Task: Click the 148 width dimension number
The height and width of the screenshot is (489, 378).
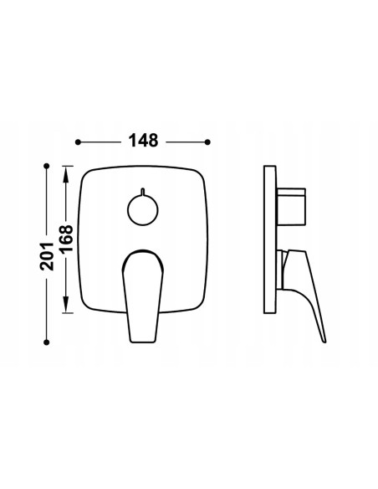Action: tap(144, 141)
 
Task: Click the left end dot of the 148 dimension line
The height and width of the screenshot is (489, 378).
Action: tap(78, 142)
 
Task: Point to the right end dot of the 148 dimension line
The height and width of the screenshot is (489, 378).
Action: tap(207, 142)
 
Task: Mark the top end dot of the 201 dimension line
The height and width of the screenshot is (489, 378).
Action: tap(47, 166)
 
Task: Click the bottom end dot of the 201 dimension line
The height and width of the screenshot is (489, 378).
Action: tap(47, 342)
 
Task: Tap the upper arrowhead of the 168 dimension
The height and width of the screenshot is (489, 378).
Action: tap(66, 175)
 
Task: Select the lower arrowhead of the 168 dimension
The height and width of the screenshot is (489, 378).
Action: tap(66, 304)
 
